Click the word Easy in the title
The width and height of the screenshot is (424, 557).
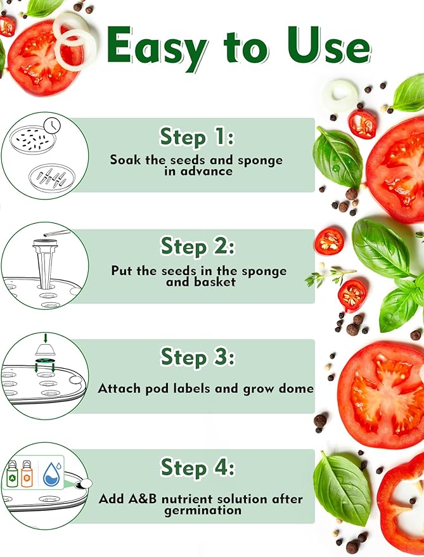pos(157,49)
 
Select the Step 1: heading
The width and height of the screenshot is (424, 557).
pos(197,137)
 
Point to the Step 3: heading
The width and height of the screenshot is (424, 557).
pos(198,357)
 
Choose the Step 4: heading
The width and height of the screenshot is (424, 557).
pos(198,467)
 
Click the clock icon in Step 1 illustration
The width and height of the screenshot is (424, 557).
pos(52,125)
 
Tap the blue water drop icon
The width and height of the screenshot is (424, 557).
pos(52,474)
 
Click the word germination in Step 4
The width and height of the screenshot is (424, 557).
pos(203,511)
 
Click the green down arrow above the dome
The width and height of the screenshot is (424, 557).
pos(45,338)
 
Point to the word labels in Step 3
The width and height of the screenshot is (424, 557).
pos(192,388)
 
